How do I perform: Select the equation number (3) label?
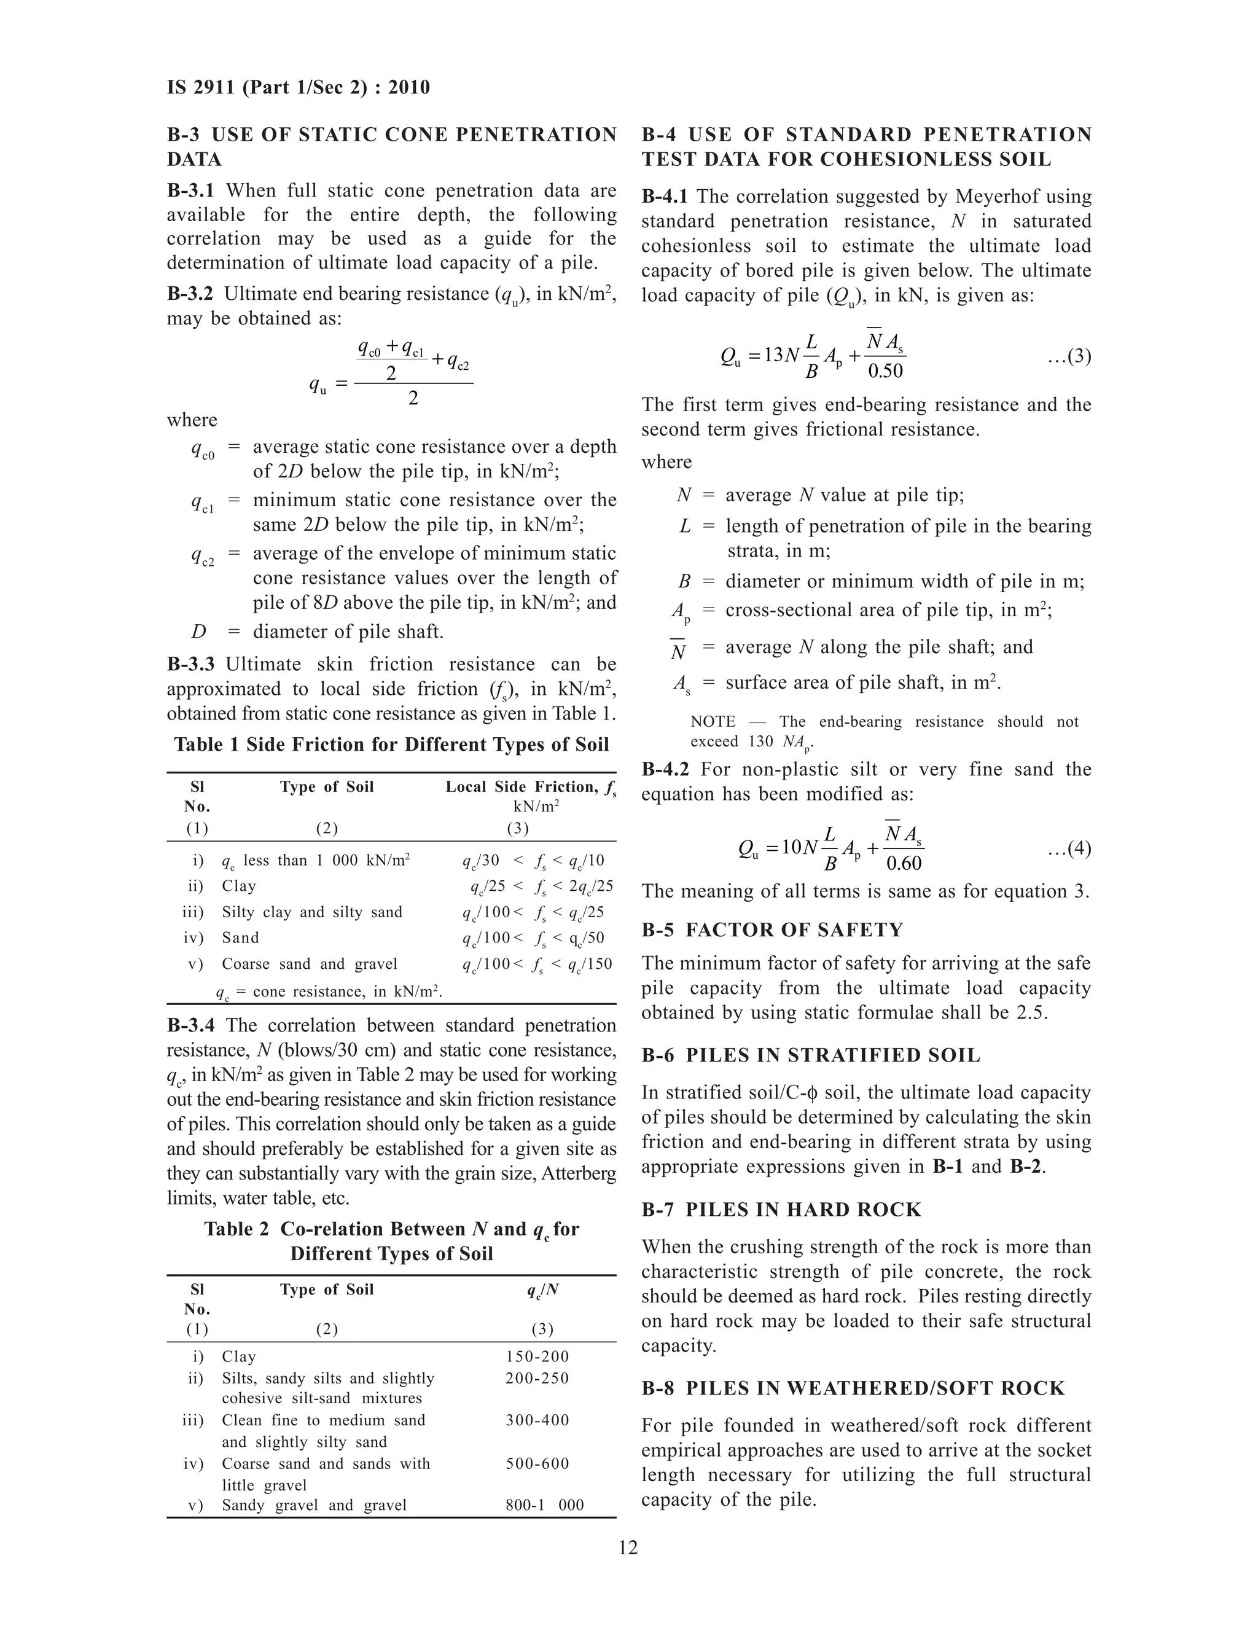[x=1069, y=356]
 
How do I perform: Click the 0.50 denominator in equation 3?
[x=885, y=370]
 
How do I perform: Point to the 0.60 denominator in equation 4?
[x=903, y=863]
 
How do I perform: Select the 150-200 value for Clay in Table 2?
[x=537, y=1356]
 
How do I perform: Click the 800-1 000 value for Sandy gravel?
[x=544, y=1505]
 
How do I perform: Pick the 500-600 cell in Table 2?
[x=537, y=1463]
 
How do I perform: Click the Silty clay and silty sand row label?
[x=311, y=912]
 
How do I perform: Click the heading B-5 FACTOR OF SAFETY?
[x=772, y=929]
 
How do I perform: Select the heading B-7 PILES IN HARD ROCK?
[x=781, y=1209]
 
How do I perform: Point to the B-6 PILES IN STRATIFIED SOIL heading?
[x=811, y=1055]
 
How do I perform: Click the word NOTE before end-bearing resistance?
[x=713, y=722]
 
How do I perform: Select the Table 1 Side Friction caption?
[x=391, y=745]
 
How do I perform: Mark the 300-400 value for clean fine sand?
[x=537, y=1420]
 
